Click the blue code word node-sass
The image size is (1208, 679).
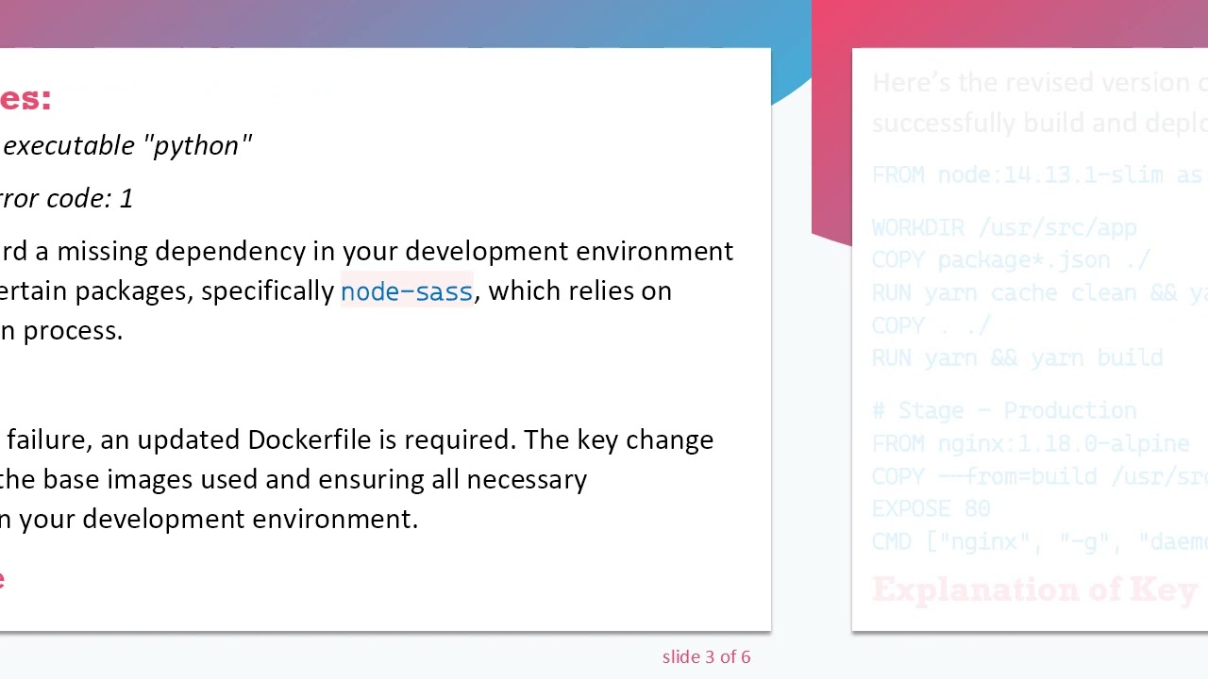406,291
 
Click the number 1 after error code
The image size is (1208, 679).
126,198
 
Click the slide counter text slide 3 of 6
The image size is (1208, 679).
706,657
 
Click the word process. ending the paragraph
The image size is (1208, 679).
73,330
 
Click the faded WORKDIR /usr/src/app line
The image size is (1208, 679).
1003,228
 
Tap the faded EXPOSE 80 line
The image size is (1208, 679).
930,509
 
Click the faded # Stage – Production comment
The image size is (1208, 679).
1003,411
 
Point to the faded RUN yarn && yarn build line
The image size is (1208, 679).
1016,358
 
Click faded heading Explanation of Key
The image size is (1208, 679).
1034,590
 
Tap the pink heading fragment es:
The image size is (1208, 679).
25,98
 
